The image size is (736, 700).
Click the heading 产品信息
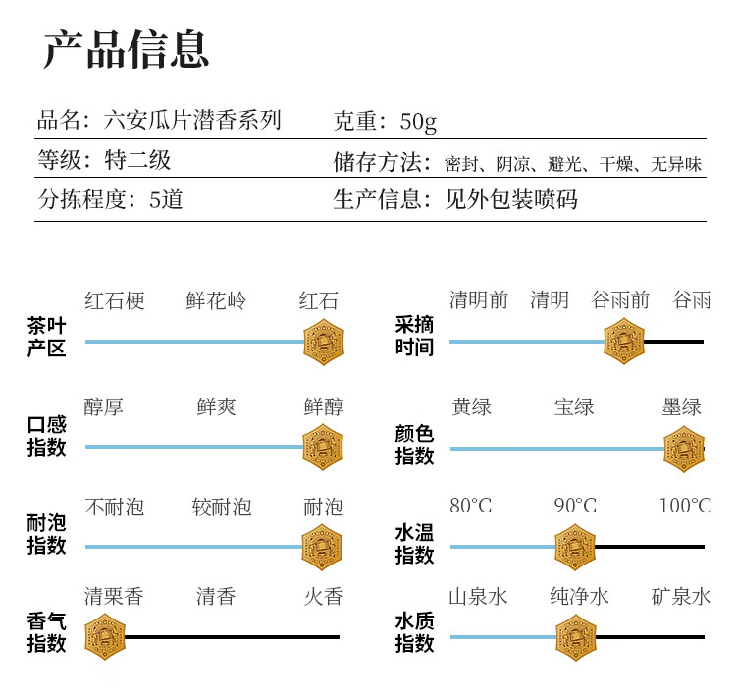click(126, 49)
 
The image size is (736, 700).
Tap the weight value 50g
click(418, 122)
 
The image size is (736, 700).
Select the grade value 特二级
click(137, 160)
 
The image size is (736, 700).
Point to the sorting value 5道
click(166, 200)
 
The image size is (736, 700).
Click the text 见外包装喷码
click(511, 199)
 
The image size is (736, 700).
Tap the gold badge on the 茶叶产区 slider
click(324, 342)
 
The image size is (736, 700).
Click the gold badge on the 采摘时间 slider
click(624, 342)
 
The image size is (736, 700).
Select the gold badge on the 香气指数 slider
click(105, 636)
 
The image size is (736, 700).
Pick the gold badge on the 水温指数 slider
click(575, 547)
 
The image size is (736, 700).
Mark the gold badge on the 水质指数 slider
click(576, 637)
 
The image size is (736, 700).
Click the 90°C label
click(575, 506)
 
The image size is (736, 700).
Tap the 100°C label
click(685, 506)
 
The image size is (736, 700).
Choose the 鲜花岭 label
click(216, 301)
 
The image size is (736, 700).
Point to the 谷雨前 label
click(620, 300)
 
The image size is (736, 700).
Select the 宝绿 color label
click(574, 406)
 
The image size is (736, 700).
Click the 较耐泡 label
click(222, 508)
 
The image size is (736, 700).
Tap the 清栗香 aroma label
click(114, 597)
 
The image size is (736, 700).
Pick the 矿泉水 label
click(681, 597)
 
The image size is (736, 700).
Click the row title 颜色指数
click(414, 444)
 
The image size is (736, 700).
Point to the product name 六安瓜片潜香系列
click(192, 120)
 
